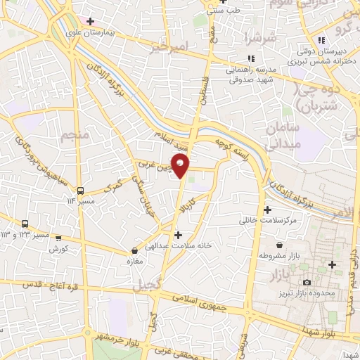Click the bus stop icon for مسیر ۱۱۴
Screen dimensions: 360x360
[79, 190]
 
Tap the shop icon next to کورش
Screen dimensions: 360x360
[58, 238]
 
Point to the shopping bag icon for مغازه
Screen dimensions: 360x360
[134, 250]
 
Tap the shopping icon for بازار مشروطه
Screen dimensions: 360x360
[281, 245]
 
